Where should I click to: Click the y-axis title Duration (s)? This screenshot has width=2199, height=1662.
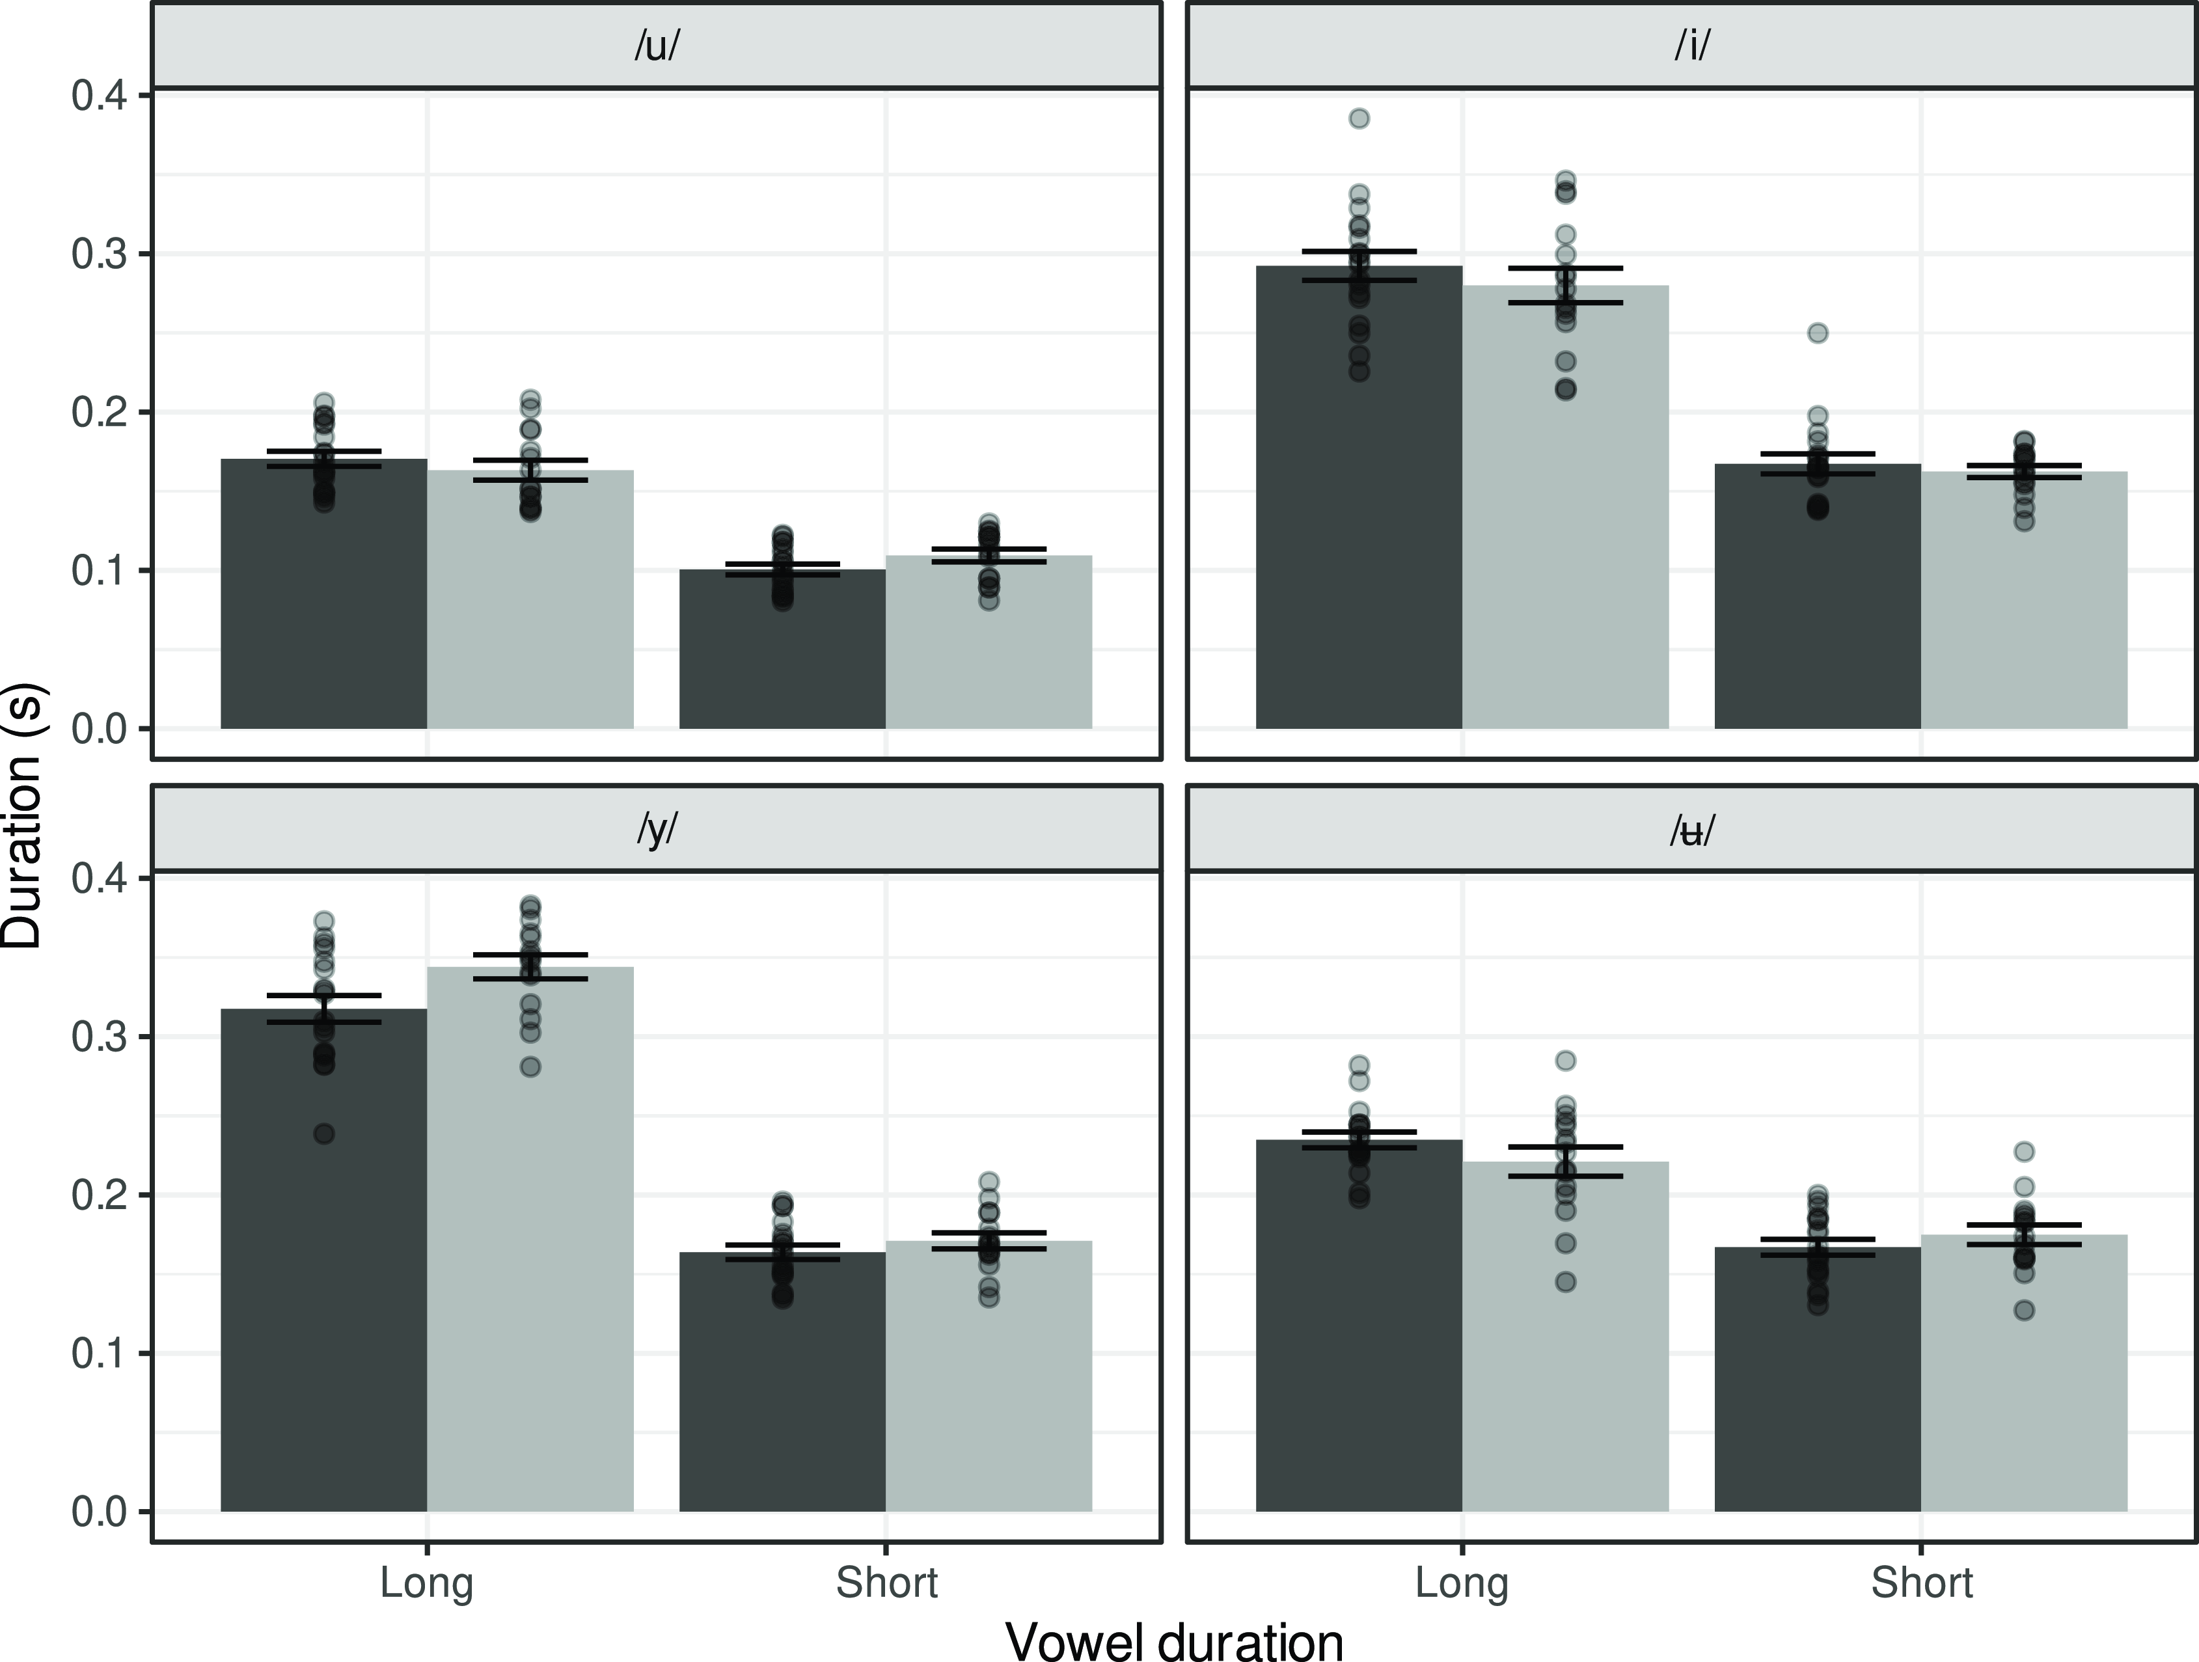[x=22, y=815]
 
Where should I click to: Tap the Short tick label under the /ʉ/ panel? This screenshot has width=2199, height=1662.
[x=1922, y=1583]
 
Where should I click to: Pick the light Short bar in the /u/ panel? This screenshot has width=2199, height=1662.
[x=989, y=646]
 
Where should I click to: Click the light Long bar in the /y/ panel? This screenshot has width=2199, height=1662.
[x=531, y=1242]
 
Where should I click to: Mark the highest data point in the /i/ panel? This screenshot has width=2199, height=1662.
[x=1359, y=119]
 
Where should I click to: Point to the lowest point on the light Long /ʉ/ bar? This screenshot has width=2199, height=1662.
[x=1566, y=1282]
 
